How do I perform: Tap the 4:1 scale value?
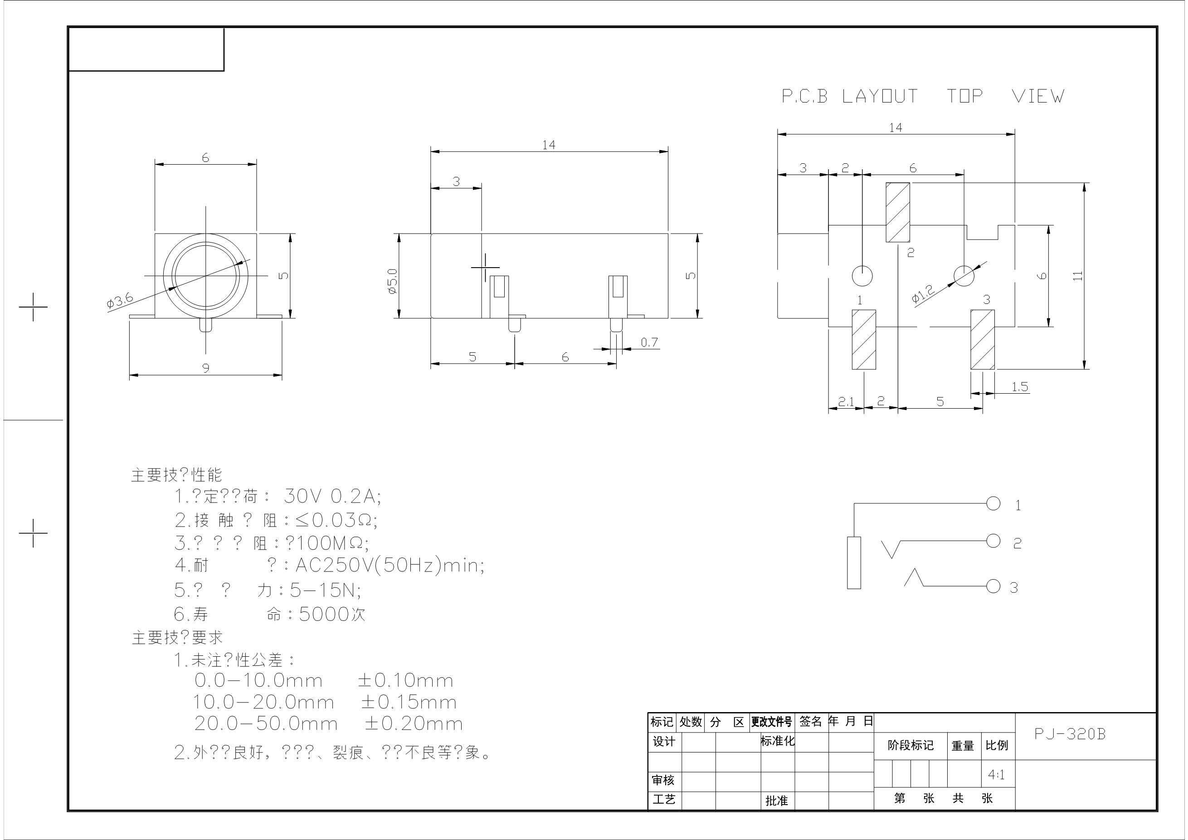pyautogui.click(x=996, y=775)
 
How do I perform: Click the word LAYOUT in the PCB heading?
pyautogui.click(x=880, y=96)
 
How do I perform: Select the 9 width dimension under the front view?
pyautogui.click(x=206, y=368)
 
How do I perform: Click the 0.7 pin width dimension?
pyautogui.click(x=649, y=342)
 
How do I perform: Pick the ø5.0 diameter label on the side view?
pyautogui.click(x=392, y=281)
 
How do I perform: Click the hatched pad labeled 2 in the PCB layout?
pyautogui.click(x=898, y=212)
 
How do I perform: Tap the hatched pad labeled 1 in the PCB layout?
pyautogui.click(x=864, y=340)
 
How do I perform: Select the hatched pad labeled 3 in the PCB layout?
pyautogui.click(x=982, y=340)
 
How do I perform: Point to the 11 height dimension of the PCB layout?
pyautogui.click(x=1077, y=276)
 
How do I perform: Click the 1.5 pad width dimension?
pyautogui.click(x=1019, y=386)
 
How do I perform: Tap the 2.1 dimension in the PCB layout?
pyautogui.click(x=846, y=401)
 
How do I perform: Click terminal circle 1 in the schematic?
pyautogui.click(x=993, y=503)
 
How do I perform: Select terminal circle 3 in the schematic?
pyautogui.click(x=993, y=586)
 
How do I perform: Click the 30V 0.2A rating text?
pyautogui.click(x=332, y=497)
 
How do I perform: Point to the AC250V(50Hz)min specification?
pyautogui.click(x=390, y=566)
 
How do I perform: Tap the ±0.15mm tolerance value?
pyautogui.click(x=409, y=702)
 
